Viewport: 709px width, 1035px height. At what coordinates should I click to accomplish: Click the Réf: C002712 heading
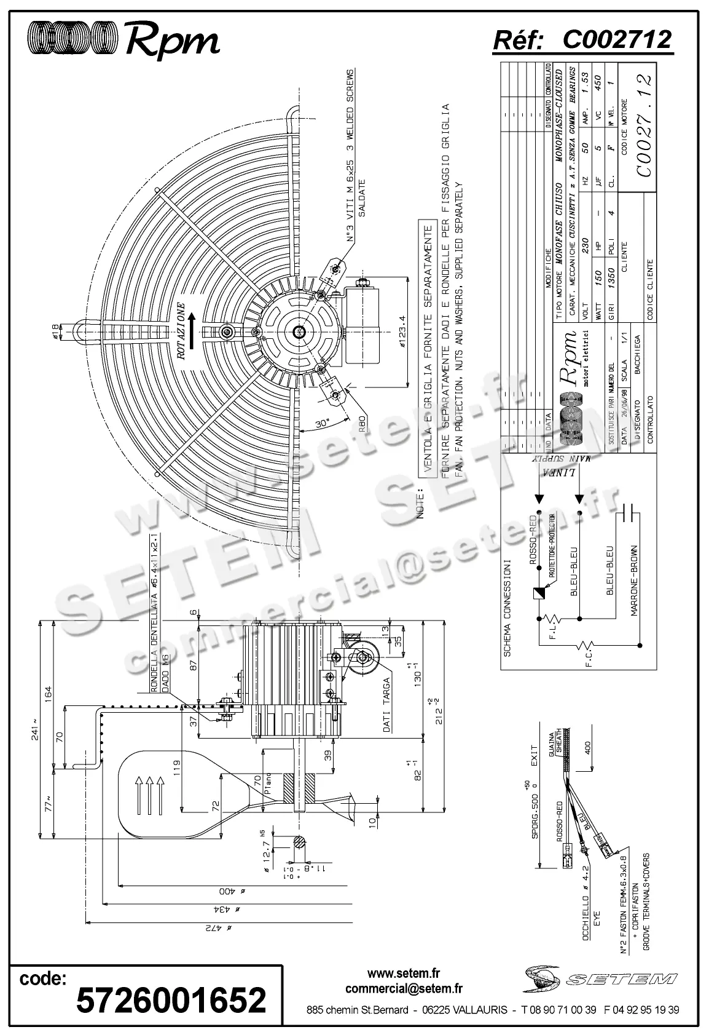[582, 40]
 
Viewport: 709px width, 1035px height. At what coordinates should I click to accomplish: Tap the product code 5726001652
[171, 999]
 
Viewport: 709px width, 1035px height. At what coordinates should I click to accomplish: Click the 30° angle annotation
[323, 424]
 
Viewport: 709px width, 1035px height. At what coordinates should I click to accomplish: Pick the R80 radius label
[363, 425]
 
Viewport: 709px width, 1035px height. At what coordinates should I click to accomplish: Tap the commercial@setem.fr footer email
[404, 989]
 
